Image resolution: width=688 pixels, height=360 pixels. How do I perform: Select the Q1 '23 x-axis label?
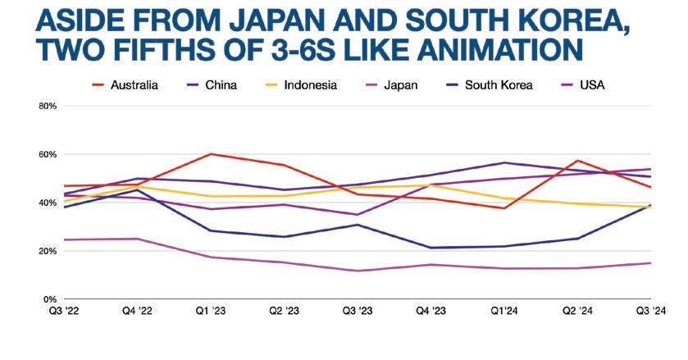click(212, 311)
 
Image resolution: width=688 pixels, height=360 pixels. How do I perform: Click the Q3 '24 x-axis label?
click(651, 311)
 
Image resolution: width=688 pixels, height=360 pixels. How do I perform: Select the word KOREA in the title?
click(559, 18)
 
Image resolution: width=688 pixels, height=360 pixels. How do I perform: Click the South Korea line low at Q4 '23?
click(430, 248)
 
